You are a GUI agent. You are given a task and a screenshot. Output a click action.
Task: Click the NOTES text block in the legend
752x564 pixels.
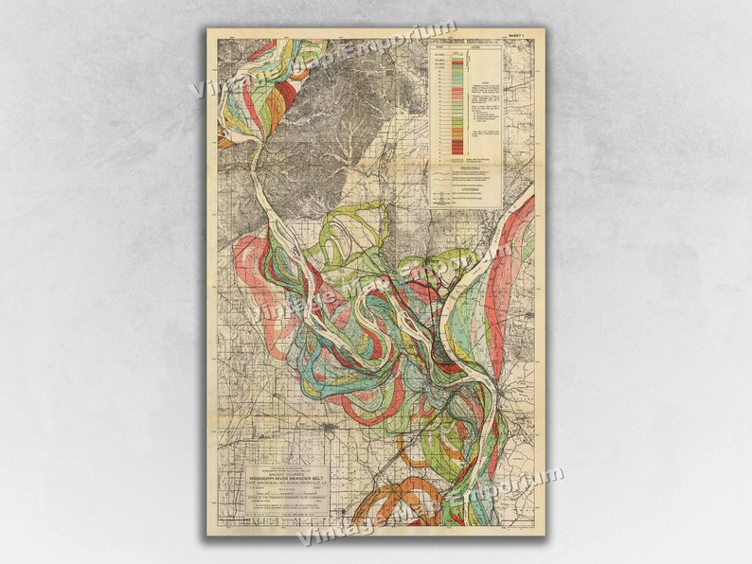click(483, 104)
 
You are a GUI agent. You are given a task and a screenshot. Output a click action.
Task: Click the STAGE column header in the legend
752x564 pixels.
click(441, 45)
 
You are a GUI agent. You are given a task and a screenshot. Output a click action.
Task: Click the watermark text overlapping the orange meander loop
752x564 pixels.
click(426, 506)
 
